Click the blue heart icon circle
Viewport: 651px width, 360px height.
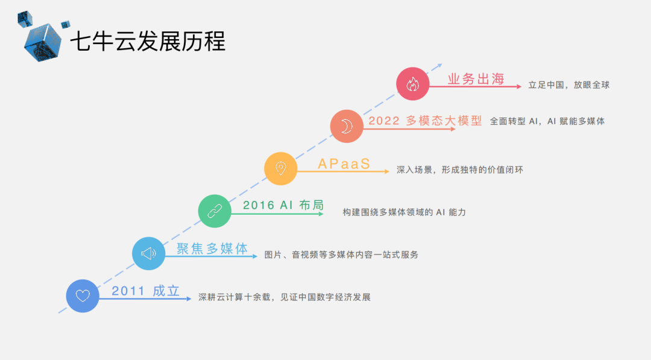tap(83, 296)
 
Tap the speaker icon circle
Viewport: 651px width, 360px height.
tap(148, 253)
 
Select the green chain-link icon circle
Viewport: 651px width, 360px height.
tap(215, 211)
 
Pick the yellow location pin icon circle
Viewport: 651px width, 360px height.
tap(280, 168)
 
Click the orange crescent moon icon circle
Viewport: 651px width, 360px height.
tap(347, 126)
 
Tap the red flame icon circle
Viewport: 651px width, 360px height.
tap(412, 84)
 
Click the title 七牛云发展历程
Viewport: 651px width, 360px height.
tap(148, 42)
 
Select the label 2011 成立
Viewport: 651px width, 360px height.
tap(145, 291)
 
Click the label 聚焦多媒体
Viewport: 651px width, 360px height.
tap(212, 248)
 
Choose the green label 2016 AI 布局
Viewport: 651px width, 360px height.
tap(283, 205)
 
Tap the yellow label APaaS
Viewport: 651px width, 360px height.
tap(344, 164)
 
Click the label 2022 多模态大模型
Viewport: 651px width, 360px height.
tap(425, 121)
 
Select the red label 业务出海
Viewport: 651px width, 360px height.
tap(476, 79)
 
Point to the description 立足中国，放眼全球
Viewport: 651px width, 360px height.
tap(568, 85)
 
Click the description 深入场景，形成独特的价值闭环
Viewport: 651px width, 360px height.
tap(459, 170)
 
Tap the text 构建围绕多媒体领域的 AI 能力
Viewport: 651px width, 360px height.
tap(404, 212)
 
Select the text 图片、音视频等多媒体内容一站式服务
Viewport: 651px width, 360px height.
tap(341, 254)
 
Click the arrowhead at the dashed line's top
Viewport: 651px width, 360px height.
tap(439, 65)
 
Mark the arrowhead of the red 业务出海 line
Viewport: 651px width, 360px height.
tap(519, 87)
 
